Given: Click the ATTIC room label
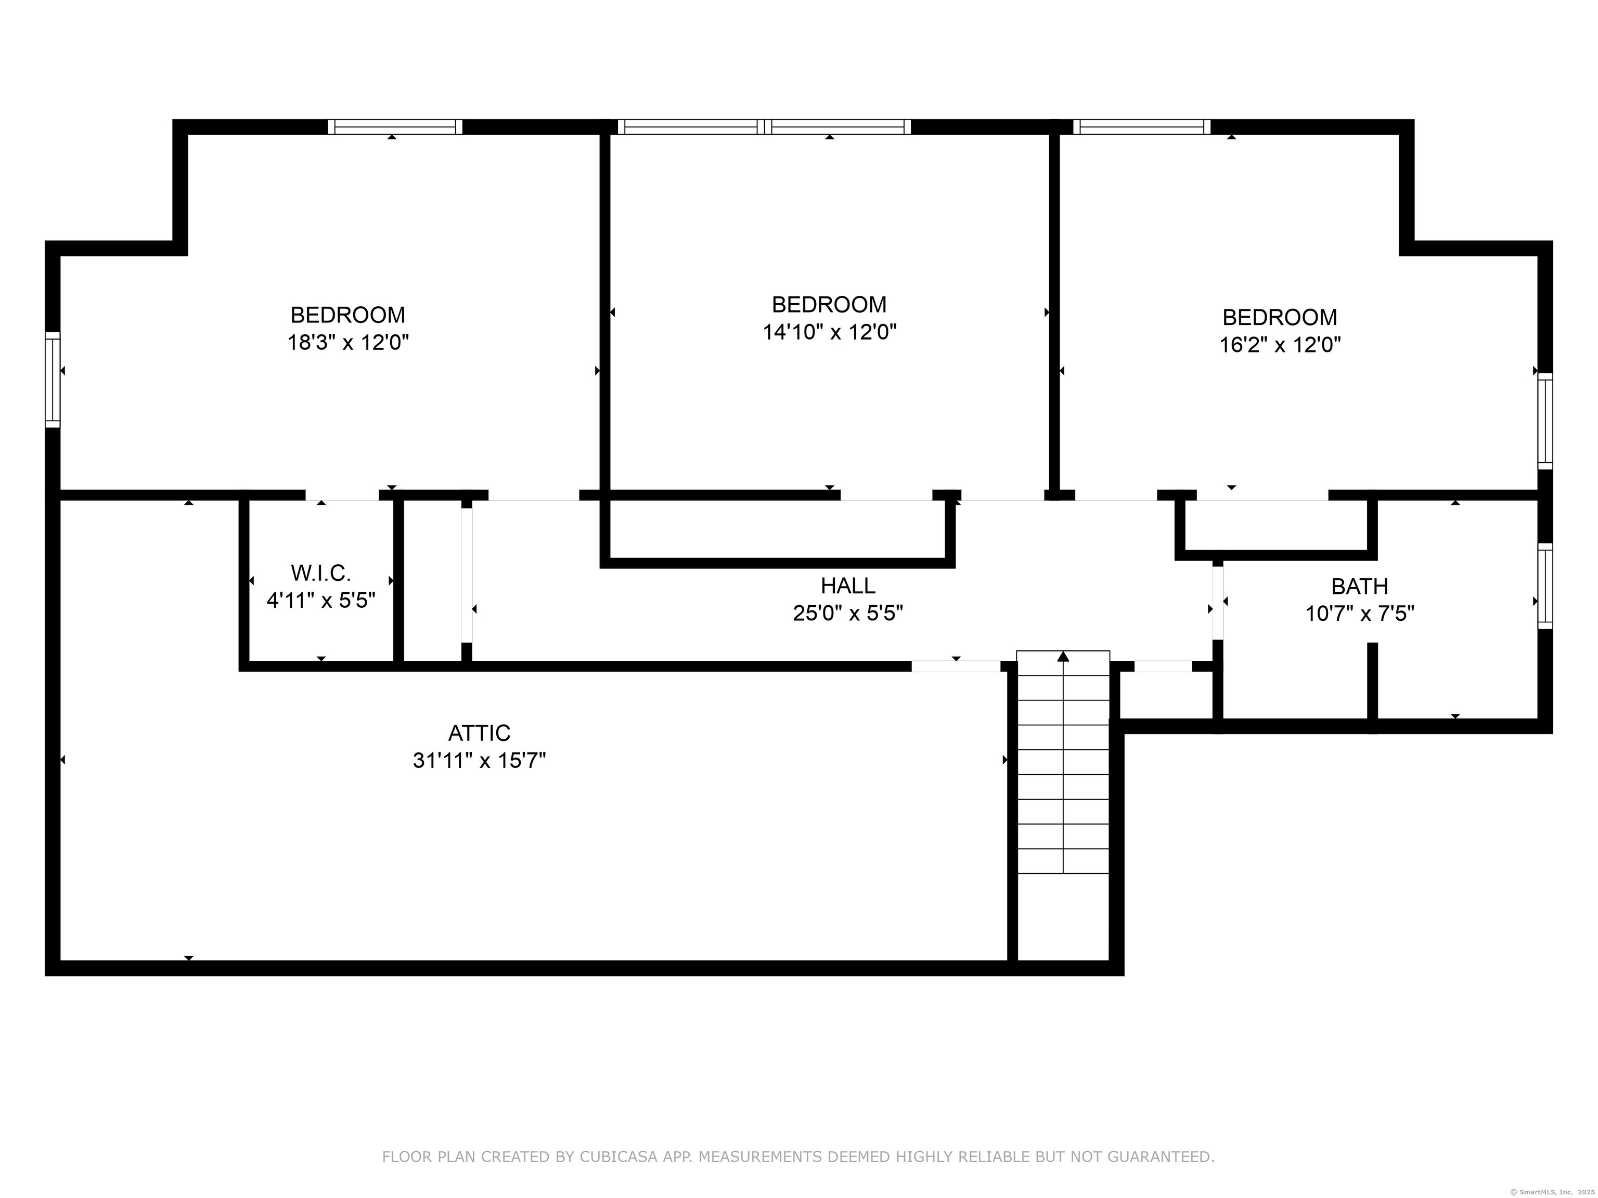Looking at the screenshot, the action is click(x=479, y=733).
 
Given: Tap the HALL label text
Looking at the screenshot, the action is click(x=847, y=585).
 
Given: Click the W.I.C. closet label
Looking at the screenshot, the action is click(x=321, y=574).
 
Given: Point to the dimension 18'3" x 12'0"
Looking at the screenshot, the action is click(x=348, y=342).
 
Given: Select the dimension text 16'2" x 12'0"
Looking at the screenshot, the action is click(x=1280, y=344).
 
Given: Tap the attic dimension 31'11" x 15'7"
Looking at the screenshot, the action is click(x=479, y=760).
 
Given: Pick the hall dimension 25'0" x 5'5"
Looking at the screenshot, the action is click(x=848, y=613).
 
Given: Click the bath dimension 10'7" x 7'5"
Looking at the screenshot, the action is click(x=1360, y=614).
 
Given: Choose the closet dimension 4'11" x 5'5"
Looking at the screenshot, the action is click(x=321, y=601).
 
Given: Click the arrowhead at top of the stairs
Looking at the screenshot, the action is click(x=1063, y=656).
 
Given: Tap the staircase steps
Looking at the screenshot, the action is click(x=1063, y=762).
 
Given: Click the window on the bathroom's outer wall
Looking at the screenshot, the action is click(x=1544, y=585).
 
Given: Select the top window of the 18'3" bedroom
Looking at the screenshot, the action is click(x=395, y=127).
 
